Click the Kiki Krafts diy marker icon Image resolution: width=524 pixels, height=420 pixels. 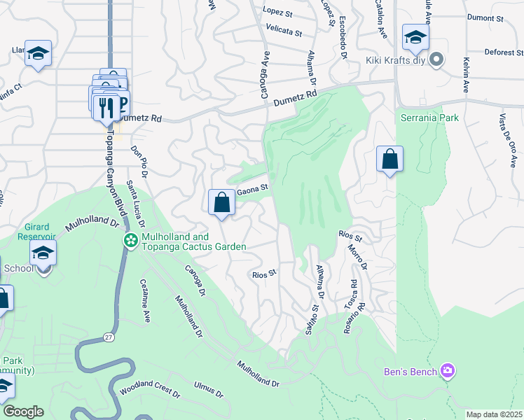click(x=437, y=60)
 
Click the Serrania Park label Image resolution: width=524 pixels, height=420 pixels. click(x=429, y=118)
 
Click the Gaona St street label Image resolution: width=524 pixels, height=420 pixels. click(x=252, y=188)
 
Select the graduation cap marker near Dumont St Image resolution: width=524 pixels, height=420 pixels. click(x=415, y=38)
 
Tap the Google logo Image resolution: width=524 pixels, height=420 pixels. click(x=22, y=412)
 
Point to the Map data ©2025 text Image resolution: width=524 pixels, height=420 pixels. click(x=494, y=414)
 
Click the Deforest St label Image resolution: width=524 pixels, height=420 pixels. click(x=503, y=52)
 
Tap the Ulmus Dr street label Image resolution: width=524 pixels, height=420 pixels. click(x=209, y=389)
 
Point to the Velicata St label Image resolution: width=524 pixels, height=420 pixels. click(x=283, y=31)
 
